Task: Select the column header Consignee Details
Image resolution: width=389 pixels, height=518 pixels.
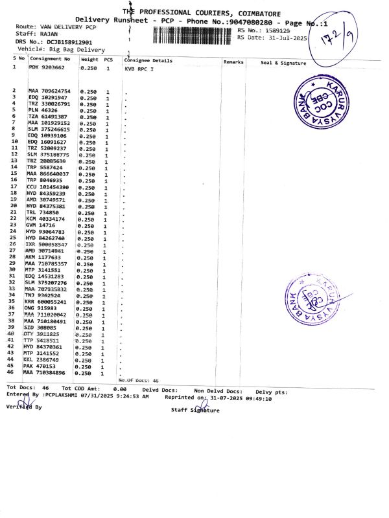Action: point(148,60)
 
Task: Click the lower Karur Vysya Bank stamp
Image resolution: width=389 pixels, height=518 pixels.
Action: point(313,299)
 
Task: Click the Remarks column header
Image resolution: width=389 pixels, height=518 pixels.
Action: point(233,62)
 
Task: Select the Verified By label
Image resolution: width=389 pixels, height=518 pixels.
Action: point(24,407)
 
